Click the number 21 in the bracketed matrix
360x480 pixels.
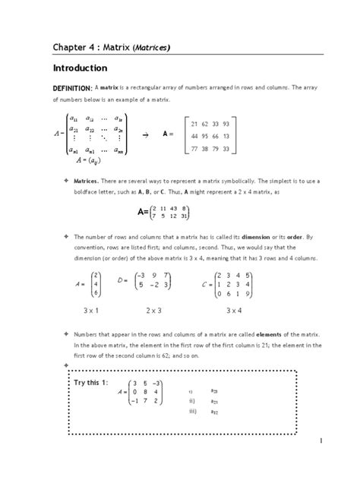195,123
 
